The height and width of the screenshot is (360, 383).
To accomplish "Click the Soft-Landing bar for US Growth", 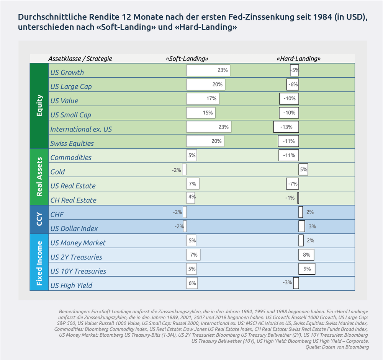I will (208, 70).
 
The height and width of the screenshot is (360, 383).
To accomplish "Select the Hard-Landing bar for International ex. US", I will (286, 127).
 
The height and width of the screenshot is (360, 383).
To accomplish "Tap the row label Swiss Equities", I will (72, 143).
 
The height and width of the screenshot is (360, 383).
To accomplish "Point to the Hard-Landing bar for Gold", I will (303, 169).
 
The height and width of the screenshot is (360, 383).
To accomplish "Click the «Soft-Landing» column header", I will (187, 59).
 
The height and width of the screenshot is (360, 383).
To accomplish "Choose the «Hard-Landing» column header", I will (298, 59).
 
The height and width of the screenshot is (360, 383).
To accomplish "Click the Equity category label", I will (39, 106).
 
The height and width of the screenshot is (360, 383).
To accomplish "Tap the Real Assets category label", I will (39, 177).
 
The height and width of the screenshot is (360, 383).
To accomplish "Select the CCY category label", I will (39, 220).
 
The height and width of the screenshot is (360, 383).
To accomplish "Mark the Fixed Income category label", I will (39, 262).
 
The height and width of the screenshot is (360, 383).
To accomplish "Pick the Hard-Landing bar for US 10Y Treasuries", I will (307, 269).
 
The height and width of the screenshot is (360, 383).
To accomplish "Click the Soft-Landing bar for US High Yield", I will (192, 283).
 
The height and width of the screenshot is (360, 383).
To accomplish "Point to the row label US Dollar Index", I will (74, 228).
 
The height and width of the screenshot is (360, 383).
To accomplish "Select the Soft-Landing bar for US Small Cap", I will (201, 113).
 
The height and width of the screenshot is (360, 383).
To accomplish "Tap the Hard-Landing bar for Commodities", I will (288, 155).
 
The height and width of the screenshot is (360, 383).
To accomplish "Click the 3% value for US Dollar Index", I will (312, 226).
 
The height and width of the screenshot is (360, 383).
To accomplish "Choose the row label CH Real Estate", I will (73, 200).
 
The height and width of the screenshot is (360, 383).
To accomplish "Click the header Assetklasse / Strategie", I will (80, 59).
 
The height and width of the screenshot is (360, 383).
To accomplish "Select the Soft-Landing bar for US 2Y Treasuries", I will (193, 255).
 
